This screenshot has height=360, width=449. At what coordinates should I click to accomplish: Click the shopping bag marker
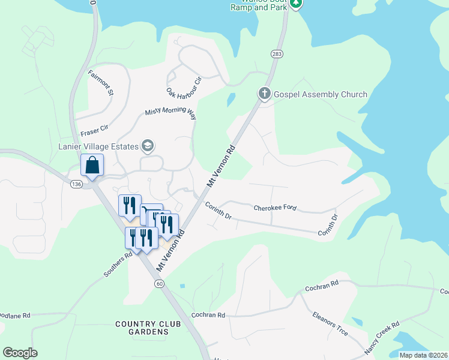coord(92,165)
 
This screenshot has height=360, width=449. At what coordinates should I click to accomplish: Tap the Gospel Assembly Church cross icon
coord(264,94)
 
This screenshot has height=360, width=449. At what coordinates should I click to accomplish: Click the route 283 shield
coord(277,55)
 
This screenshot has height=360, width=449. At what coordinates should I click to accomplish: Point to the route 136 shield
coord(76,184)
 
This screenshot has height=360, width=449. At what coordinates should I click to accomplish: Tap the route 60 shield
coord(158,283)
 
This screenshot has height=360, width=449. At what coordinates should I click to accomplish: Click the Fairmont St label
coord(101,83)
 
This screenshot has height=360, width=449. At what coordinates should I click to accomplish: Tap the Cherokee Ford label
coord(275,208)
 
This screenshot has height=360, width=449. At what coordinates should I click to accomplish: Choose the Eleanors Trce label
coord(330,323)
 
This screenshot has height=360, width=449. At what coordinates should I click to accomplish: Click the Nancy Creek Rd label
coord(381,339)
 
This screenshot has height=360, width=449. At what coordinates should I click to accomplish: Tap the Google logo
coord(20,353)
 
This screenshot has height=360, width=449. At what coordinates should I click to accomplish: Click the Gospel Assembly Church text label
coord(321,94)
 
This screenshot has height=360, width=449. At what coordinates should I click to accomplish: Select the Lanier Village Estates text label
coord(98,146)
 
